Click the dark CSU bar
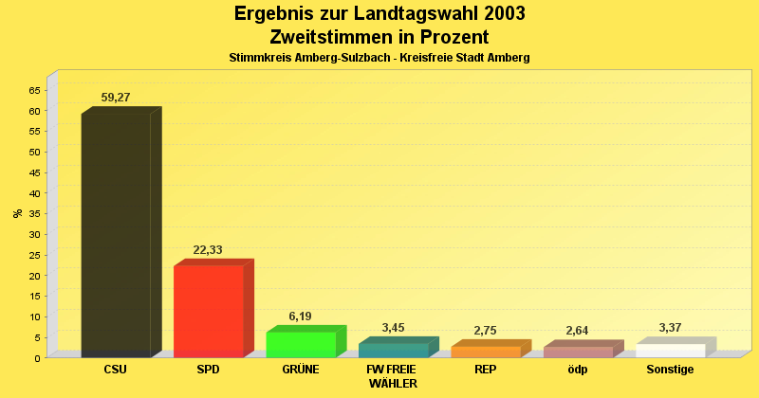[116, 235]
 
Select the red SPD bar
[208, 311]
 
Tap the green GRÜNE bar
[301, 344]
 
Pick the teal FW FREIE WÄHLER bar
[393, 350]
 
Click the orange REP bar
[486, 352]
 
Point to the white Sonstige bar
[671, 351]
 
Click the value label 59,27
[120, 98]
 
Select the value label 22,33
[208, 250]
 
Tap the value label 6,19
[300, 317]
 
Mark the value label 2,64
[578, 331]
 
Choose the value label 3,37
[671, 328]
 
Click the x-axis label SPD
[208, 370]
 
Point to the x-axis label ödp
[578, 370]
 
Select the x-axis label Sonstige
[671, 370]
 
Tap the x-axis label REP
[486, 370]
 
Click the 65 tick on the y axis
[35, 90]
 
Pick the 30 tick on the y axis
[35, 234]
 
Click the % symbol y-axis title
[18, 213]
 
